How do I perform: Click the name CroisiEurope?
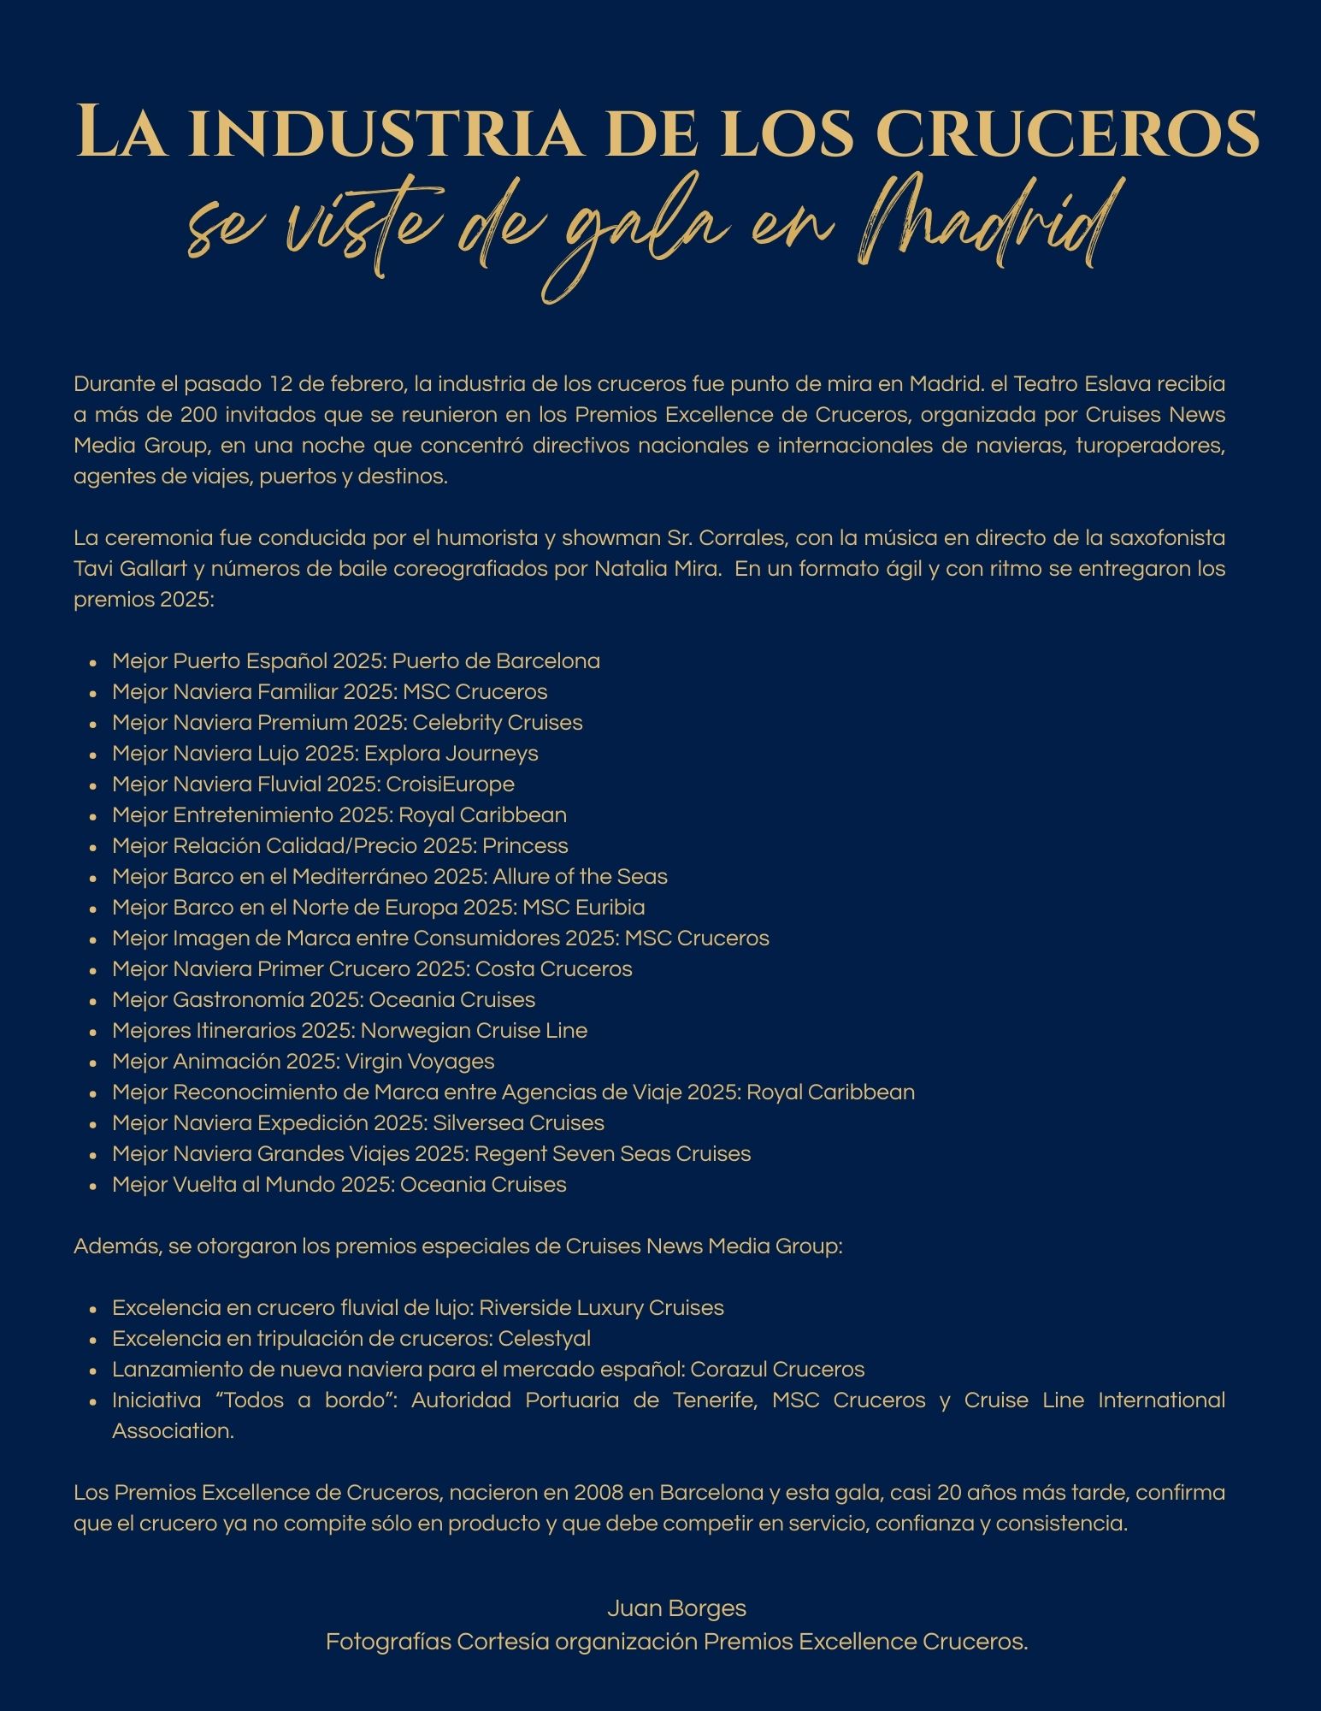tap(450, 784)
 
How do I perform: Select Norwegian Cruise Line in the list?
tap(474, 1030)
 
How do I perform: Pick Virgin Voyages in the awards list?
tap(419, 1061)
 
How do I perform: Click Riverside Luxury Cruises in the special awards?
tap(601, 1307)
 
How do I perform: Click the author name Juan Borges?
tap(676, 1608)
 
